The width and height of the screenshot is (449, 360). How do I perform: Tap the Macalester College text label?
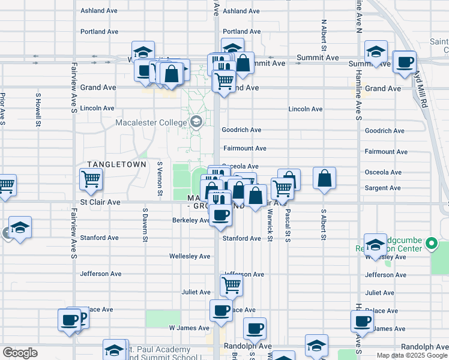(152, 123)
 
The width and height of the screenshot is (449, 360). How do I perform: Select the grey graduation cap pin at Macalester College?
(196, 122)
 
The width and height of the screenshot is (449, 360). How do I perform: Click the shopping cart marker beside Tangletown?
(91, 178)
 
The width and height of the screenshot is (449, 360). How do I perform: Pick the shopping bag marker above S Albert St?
(324, 178)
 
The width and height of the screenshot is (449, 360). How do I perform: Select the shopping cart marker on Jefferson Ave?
(231, 286)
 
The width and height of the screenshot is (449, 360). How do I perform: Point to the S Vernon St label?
(160, 178)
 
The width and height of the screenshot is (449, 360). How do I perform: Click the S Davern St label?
(145, 225)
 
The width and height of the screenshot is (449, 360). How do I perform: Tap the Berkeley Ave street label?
(190, 220)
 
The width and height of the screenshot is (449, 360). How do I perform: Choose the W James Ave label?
(189, 328)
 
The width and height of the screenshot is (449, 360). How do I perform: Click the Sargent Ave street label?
(382, 188)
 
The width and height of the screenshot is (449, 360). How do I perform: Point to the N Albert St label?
(324, 35)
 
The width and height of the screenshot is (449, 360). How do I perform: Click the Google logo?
(20, 353)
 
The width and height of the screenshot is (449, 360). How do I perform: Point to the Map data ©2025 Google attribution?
(411, 355)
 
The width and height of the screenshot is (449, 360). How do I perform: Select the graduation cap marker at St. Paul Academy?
(114, 350)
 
